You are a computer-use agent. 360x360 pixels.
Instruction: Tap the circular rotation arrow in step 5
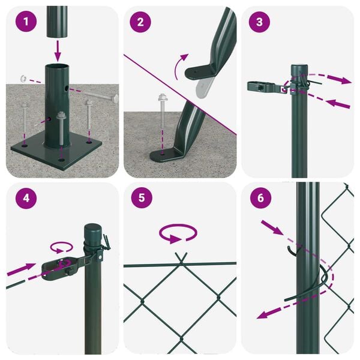click(x=178, y=233)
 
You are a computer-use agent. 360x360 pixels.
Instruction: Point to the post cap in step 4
click(x=93, y=231)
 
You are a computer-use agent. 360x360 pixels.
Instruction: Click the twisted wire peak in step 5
click(x=180, y=258)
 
